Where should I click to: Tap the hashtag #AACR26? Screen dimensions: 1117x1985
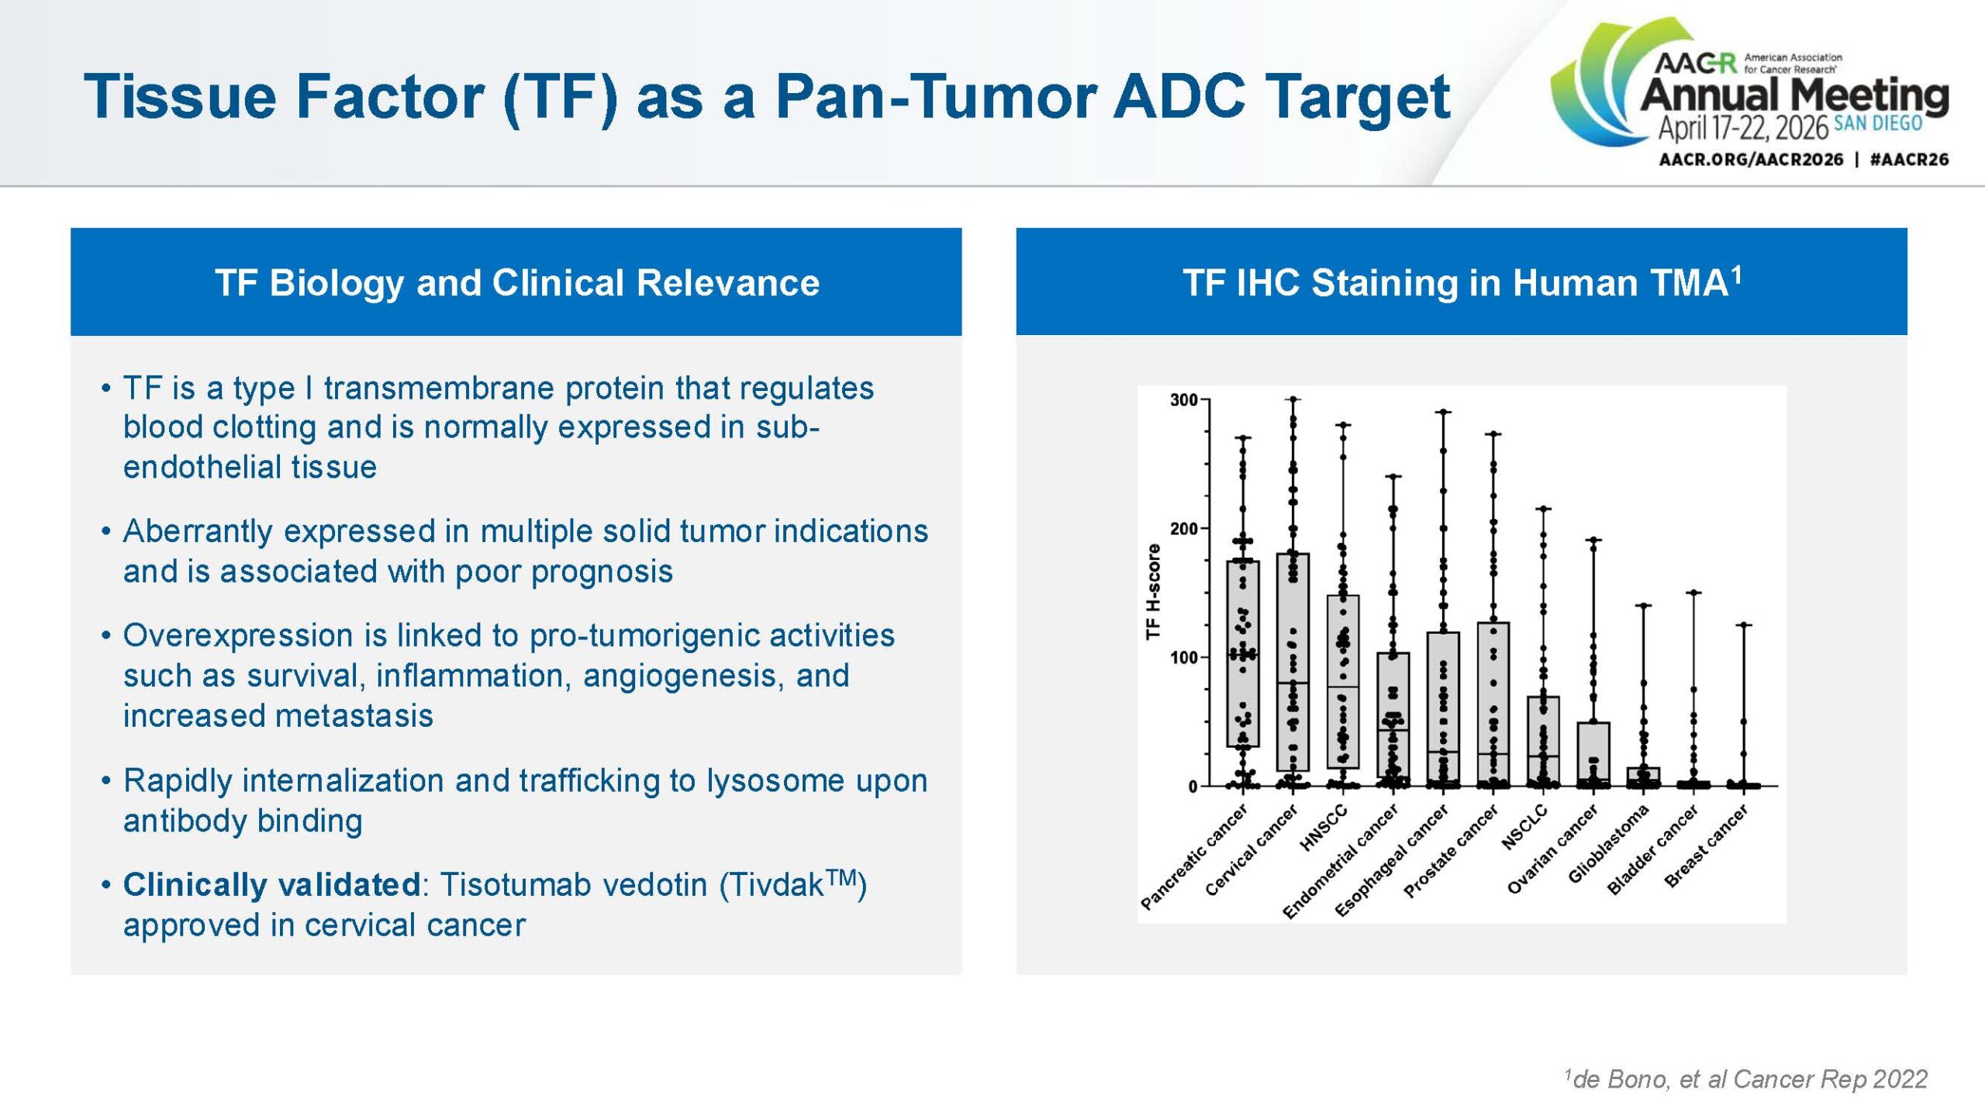point(1908,160)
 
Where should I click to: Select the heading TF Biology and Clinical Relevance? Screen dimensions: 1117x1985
point(516,282)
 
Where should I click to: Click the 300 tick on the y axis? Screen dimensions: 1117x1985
point(1183,400)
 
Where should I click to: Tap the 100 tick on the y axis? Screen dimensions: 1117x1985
point(1183,658)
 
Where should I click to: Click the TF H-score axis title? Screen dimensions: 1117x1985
point(1153,592)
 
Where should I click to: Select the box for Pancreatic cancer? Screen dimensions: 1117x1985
point(1243,653)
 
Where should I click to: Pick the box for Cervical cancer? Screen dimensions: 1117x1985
point(1293,661)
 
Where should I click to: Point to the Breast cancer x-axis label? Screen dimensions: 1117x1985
point(1706,847)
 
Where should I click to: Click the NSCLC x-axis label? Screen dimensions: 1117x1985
point(1524,828)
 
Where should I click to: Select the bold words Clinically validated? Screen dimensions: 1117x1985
point(271,885)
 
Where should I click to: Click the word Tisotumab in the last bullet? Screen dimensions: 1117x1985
point(513,885)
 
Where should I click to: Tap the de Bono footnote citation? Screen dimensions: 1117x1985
point(1745,1079)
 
